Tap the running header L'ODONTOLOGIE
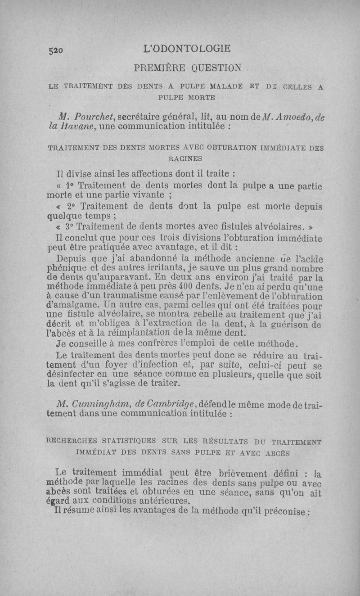coord(185,48)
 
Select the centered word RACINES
coord(185,158)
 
